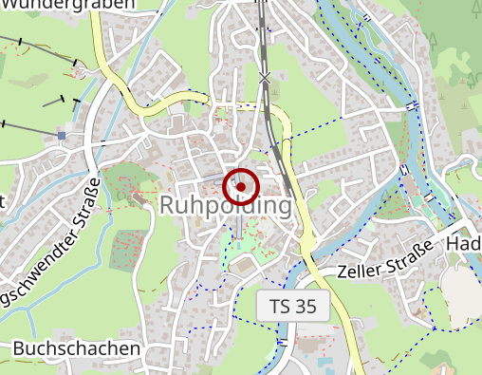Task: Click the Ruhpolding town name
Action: (x=226, y=205)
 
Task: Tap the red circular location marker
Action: (x=241, y=187)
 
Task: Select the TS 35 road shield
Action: (x=292, y=307)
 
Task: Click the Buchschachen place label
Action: (x=76, y=349)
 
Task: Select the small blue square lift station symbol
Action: (x=62, y=136)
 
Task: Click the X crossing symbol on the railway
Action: (x=265, y=77)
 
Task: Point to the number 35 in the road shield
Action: (x=305, y=307)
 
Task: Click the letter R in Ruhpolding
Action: (x=170, y=206)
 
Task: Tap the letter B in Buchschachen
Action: (x=19, y=349)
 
